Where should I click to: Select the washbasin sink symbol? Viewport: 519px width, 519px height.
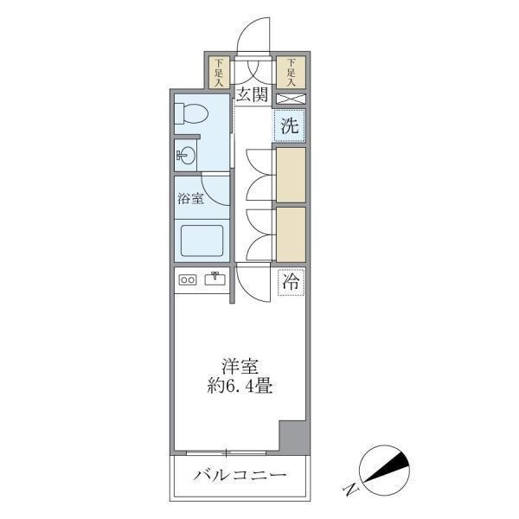coord(185,156)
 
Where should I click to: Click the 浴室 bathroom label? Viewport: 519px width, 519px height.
coord(190,198)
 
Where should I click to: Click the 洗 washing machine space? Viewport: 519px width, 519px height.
coord(290,125)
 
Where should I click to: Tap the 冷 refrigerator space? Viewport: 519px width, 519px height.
coord(291,281)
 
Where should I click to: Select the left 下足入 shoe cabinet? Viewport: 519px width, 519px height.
coord(219,72)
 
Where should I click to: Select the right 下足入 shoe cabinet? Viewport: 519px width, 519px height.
coord(292,72)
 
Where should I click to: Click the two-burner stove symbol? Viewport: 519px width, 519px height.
coord(188,279)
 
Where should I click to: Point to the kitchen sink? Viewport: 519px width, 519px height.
coord(214,279)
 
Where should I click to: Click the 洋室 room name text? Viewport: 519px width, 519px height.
coord(240,367)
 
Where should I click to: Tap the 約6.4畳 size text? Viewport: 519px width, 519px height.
coord(240,387)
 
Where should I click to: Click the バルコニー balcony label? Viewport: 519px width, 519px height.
coord(240,475)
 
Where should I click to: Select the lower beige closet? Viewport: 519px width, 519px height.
coord(291,234)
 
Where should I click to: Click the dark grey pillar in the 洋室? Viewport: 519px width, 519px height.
coord(293,438)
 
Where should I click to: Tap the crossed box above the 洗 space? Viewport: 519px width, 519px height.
coord(290,98)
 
